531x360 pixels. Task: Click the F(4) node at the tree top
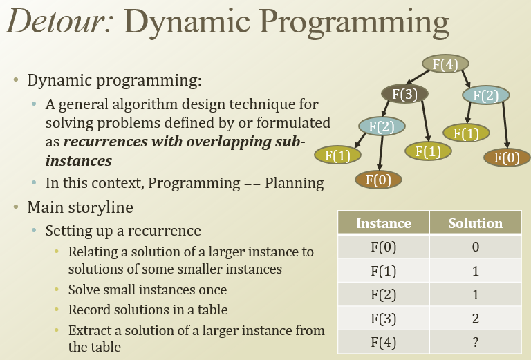(445, 65)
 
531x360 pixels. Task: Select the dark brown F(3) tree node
(404, 94)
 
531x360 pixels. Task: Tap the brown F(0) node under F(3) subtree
(378, 180)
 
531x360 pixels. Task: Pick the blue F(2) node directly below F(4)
(486, 95)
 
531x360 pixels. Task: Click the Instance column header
(383, 223)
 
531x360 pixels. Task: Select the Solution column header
(475, 223)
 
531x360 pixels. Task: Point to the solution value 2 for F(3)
(475, 319)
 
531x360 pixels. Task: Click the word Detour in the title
(55, 23)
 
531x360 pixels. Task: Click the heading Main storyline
(80, 207)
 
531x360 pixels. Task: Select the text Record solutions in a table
(147, 310)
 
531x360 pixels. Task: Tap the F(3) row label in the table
(383, 319)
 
